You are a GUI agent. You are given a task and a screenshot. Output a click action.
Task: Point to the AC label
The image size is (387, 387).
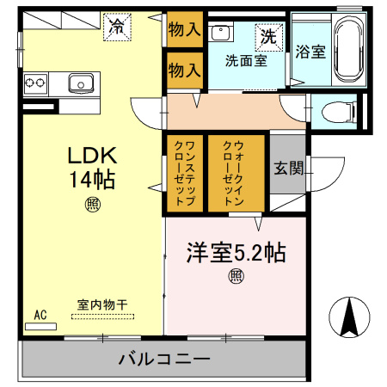coord(40,316)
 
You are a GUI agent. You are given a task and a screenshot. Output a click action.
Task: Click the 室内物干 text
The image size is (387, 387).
coord(102,304)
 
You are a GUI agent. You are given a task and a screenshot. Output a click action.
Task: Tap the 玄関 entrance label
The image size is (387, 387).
coord(287,168)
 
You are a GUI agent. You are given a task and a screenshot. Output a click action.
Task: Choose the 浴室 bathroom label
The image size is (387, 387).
coord(310,51)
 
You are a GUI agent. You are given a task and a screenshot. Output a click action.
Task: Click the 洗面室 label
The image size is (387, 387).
coord(246,60)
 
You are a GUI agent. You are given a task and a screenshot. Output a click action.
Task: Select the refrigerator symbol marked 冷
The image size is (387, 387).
coord(115,27)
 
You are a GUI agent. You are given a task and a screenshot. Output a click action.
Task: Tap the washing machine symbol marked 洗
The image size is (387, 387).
coord(268,37)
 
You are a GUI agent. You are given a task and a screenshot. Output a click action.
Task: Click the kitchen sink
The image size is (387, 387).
coord(82,83)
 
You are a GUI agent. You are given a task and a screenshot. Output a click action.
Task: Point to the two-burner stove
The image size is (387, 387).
coord(35,83)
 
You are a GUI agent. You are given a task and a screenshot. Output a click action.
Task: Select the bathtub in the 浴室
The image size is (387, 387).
coord(349,49)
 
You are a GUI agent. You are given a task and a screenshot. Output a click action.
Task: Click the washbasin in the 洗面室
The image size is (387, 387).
coord(222,34)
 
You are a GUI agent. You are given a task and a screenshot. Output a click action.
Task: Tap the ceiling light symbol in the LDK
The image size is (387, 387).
coord(92,204)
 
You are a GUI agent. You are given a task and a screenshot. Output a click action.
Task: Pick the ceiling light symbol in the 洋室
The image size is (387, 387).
coord(236,276)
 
